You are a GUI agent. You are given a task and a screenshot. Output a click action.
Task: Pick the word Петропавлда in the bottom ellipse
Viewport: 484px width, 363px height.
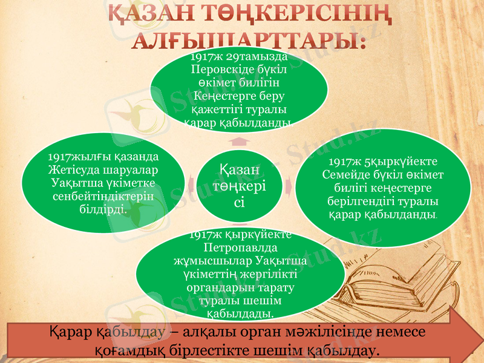[x=240, y=248]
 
